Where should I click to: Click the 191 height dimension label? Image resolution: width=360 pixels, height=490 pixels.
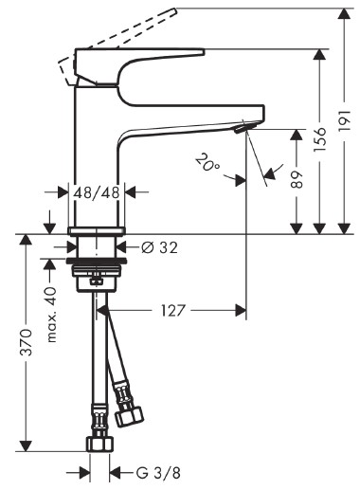click(345, 120)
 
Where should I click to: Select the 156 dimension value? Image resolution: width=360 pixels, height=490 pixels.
click(319, 139)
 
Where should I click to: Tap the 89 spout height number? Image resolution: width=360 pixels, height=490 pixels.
click(297, 179)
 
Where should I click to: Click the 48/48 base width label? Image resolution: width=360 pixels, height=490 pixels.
click(97, 192)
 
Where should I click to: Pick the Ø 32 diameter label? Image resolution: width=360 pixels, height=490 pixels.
click(159, 247)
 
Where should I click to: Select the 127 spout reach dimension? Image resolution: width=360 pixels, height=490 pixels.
click(172, 311)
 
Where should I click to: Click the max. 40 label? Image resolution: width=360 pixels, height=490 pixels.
click(51, 315)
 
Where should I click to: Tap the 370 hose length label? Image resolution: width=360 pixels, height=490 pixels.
click(26, 342)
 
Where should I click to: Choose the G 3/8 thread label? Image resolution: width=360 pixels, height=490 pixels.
click(158, 473)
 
